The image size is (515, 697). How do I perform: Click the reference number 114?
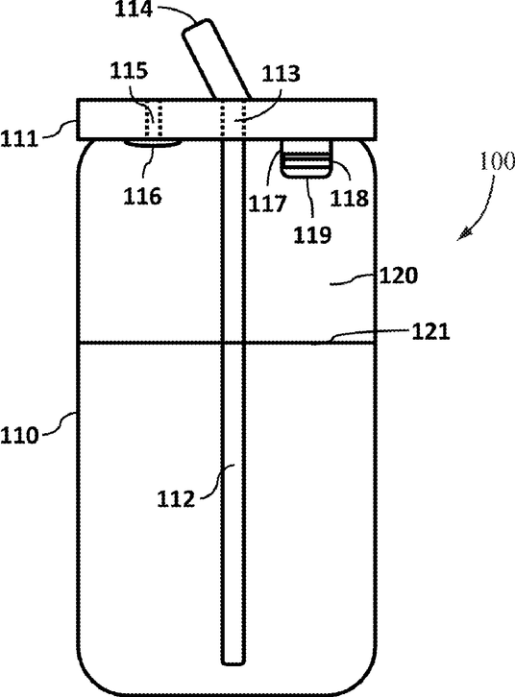pos(134,10)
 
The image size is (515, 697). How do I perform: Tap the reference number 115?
pos(129,71)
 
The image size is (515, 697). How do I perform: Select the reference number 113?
pos(281,73)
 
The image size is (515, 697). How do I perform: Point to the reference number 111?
pos(19,139)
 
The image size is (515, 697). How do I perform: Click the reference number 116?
pos(142,196)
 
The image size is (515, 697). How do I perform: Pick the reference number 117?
pos(267,204)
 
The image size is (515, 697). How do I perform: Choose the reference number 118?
pos(350,198)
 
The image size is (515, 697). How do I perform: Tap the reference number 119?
pos(312,234)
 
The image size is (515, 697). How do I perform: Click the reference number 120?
pos(399,276)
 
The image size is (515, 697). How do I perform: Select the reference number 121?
pos(430,331)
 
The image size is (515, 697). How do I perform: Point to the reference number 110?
pos(19,435)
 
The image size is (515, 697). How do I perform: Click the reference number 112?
pos(176,499)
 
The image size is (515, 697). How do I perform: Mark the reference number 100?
pos(497,161)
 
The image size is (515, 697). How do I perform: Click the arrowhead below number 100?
pos(463,234)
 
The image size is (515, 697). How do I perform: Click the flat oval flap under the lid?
pos(152,143)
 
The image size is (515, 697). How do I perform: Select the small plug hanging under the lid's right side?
pos(307,158)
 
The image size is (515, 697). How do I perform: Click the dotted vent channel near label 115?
pos(153,120)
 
